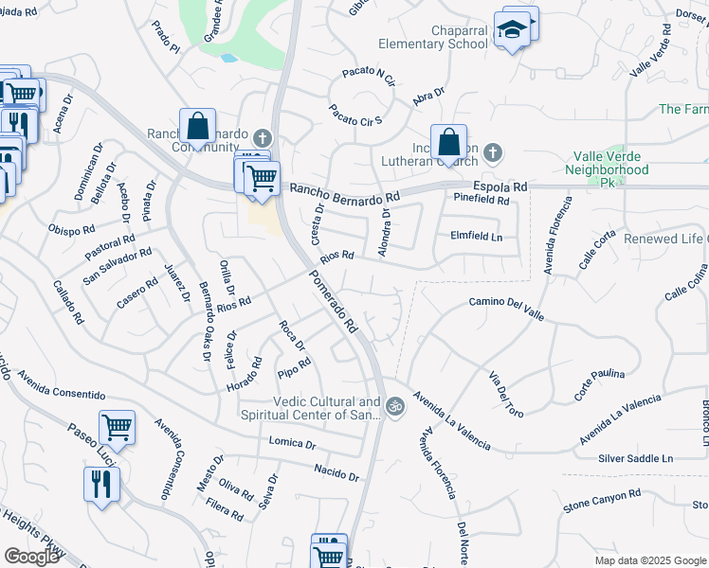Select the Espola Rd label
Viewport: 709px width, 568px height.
[501, 187]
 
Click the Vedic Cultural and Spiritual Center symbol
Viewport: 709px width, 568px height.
[395, 408]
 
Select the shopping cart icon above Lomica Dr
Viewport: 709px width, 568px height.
[117, 426]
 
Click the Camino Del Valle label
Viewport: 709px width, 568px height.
[505, 303]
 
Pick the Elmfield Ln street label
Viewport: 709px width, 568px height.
[476, 236]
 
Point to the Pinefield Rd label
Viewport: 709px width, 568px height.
[482, 201]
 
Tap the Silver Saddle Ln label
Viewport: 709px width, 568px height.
[635, 458]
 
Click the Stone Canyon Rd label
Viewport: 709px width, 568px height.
[602, 494]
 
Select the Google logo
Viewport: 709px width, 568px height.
[32, 557]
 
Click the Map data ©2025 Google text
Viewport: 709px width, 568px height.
[650, 560]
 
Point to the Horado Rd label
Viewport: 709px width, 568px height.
[244, 376]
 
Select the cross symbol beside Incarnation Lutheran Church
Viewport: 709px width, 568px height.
[491, 151]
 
